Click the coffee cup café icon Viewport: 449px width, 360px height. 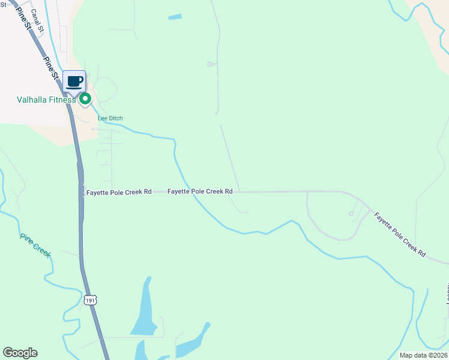[74, 81]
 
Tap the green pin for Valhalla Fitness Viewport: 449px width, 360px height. [85, 99]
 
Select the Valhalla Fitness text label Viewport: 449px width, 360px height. [46, 100]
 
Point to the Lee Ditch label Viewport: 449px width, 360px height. [110, 118]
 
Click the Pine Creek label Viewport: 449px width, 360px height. [35, 245]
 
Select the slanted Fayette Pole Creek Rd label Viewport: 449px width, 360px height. [399, 235]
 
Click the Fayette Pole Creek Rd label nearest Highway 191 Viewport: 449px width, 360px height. [118, 192]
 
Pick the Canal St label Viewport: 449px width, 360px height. [37, 21]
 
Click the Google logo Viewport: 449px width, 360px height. [20, 353]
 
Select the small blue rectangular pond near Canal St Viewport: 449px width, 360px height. [175, 17]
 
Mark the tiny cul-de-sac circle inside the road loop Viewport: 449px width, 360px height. [351, 214]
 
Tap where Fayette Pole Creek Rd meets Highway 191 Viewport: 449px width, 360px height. [80, 192]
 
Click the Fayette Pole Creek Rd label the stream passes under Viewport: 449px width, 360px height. [200, 191]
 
